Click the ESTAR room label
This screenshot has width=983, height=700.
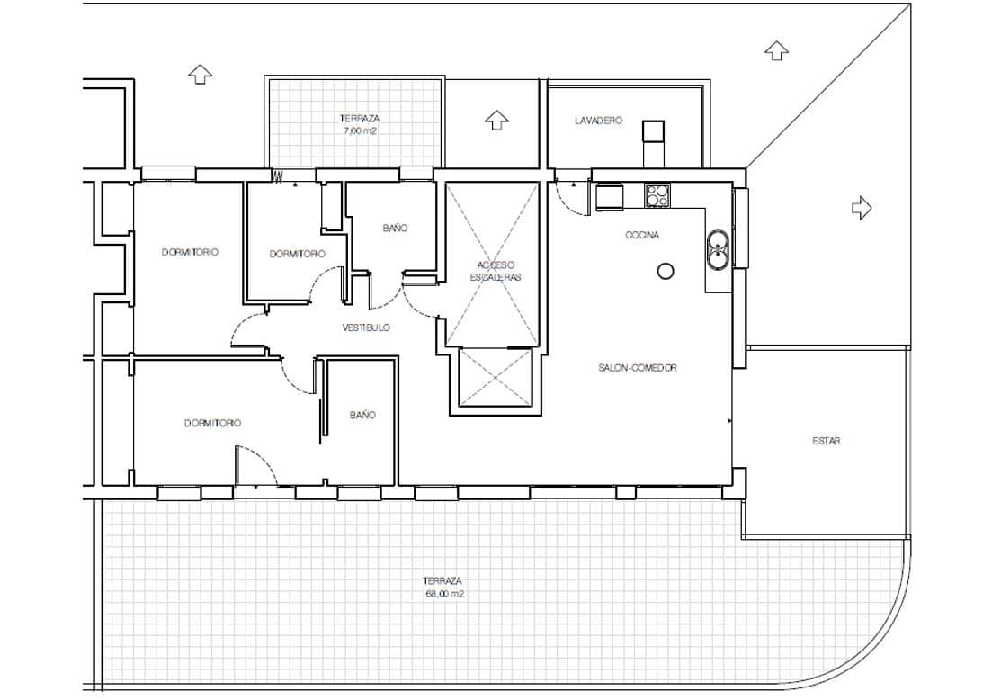click(826, 441)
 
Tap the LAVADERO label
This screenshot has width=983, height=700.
click(598, 121)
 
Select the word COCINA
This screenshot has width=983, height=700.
click(642, 236)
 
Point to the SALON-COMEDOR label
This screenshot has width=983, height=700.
click(637, 368)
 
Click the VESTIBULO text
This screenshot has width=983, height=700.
click(366, 328)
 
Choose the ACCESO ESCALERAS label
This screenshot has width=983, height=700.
click(494, 271)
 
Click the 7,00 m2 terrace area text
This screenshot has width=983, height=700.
click(359, 130)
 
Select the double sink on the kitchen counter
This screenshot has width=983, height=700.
click(718, 249)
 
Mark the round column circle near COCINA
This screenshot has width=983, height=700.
click(666, 270)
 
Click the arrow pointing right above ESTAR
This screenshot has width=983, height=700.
click(862, 208)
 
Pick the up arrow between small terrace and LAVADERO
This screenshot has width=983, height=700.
click(496, 119)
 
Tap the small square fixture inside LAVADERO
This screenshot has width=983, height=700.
click(653, 132)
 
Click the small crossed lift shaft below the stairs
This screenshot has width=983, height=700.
click(496, 378)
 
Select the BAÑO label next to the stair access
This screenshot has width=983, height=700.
click(395, 229)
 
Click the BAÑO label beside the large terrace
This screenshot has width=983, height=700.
click(362, 415)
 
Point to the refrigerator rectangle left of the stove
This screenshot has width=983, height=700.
click(610, 196)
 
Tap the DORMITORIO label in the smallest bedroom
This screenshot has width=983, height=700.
click(297, 254)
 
